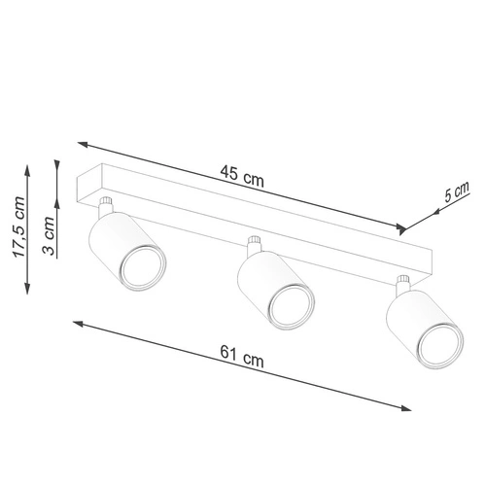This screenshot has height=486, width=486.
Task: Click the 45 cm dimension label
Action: tap(242, 177)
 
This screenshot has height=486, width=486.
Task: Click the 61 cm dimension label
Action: tap(244, 359)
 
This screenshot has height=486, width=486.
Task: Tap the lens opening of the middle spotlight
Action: tap(289, 309)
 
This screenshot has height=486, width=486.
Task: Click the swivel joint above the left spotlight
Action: tap(105, 205)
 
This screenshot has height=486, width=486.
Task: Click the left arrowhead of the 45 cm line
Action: tap(81, 142)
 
